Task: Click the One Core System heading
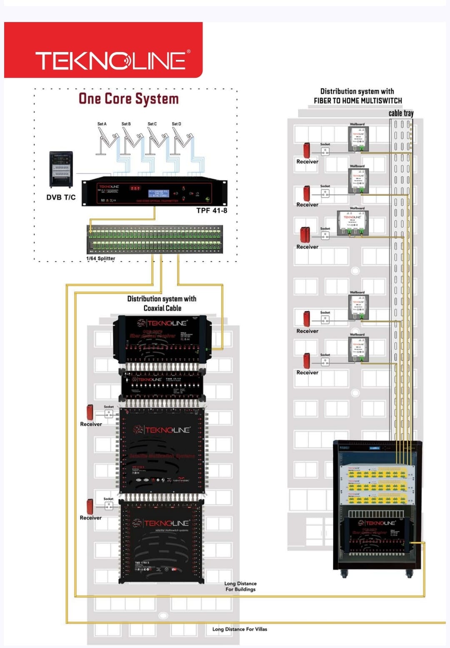click(129, 99)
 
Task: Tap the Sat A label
click(102, 124)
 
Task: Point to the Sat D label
click(176, 124)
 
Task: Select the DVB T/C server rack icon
click(61, 169)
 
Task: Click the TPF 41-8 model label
click(212, 211)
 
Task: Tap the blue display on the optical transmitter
click(158, 194)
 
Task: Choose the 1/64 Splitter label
click(100, 258)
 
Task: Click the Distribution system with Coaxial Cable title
click(162, 303)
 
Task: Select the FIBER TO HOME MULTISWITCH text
click(358, 101)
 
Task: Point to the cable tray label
click(401, 113)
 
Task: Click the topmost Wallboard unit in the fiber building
click(357, 138)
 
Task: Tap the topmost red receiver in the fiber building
click(307, 150)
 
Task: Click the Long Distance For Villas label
click(240, 629)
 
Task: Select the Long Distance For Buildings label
click(240, 586)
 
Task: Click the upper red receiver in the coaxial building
click(90, 412)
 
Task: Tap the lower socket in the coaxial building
click(108, 505)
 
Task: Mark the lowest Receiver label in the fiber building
click(307, 372)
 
